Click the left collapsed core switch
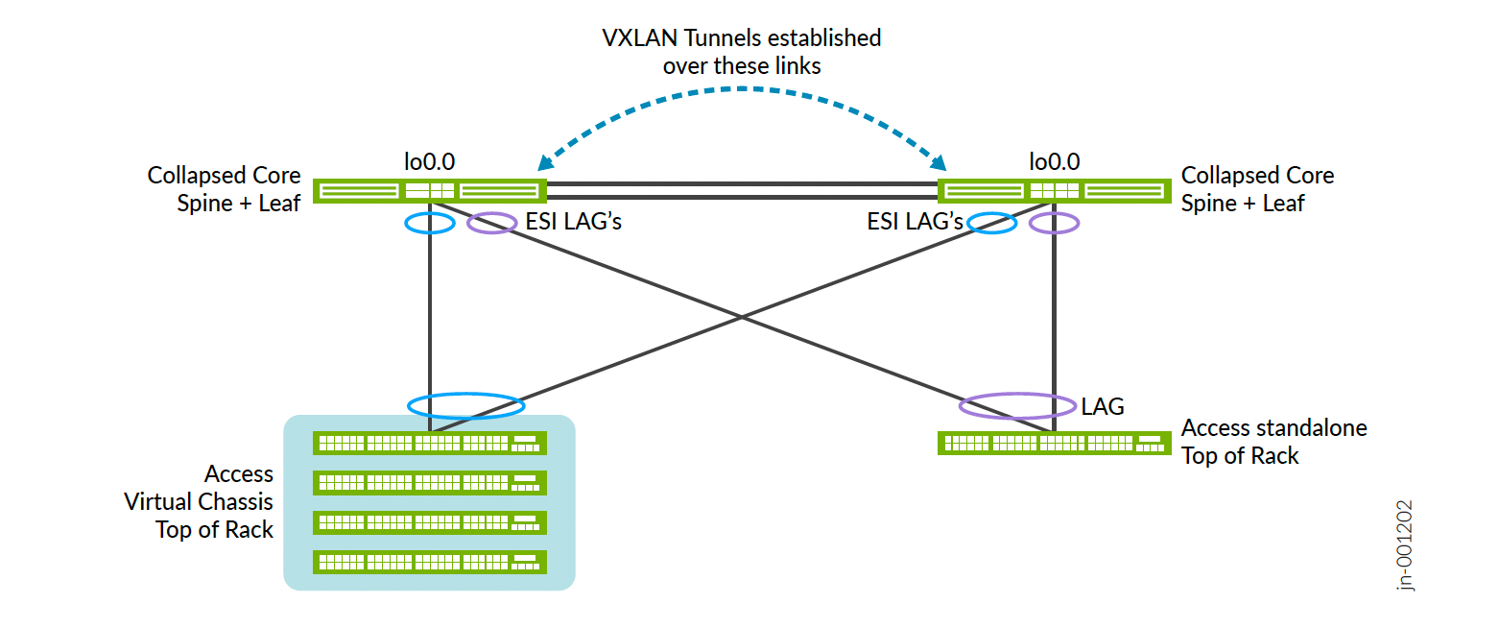pyautogui.click(x=429, y=190)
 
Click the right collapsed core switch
pyautogui.click(x=1054, y=190)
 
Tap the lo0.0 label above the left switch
pyautogui.click(x=429, y=161)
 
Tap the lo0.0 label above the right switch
pyautogui.click(x=1054, y=161)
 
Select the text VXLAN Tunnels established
pyautogui.click(x=741, y=38)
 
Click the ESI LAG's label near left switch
pyautogui.click(x=574, y=223)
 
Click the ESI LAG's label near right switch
pyautogui.click(x=915, y=223)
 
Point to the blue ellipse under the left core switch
pyautogui.click(x=429, y=223)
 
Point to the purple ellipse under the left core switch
pyautogui.click(x=491, y=223)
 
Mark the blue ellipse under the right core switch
pyautogui.click(x=991, y=223)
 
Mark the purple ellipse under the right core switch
pyautogui.click(x=1054, y=223)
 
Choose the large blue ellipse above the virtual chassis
pyautogui.click(x=465, y=404)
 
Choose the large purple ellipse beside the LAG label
pyautogui.click(x=1017, y=405)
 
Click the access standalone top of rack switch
pyautogui.click(x=1054, y=443)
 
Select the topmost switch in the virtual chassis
pyautogui.click(x=429, y=443)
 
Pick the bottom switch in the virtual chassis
pyautogui.click(x=429, y=562)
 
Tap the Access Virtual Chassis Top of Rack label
pyautogui.click(x=213, y=501)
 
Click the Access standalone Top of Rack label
pyautogui.click(x=1273, y=441)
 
